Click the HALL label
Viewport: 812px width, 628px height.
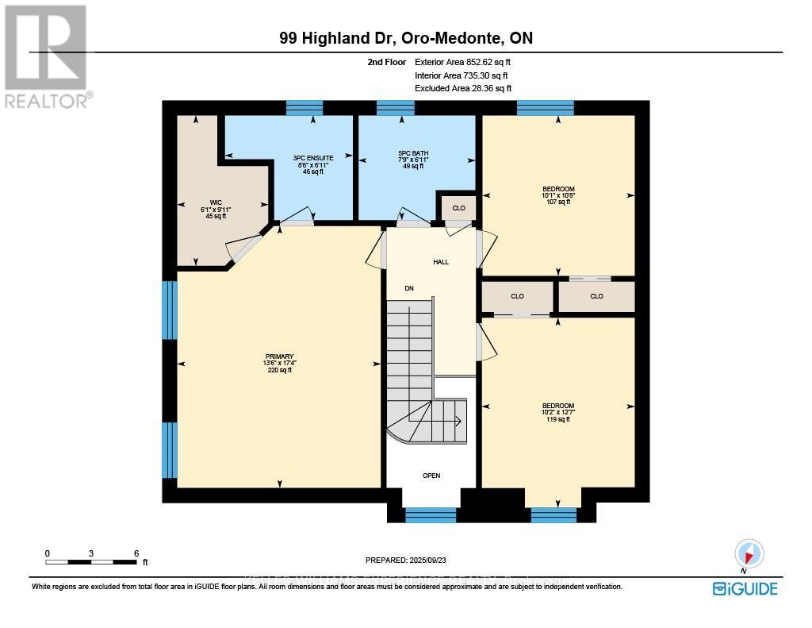(441, 262)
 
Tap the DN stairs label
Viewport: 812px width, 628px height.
(409, 288)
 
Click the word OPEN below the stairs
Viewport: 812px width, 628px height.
(431, 476)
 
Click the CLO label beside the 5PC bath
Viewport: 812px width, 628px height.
(458, 208)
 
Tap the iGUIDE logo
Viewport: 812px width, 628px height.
(745, 588)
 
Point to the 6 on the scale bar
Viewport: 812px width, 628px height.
(136, 553)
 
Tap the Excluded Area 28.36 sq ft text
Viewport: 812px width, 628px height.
(463, 89)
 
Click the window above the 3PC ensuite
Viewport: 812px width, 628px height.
(304, 108)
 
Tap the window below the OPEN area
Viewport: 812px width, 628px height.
(431, 515)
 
